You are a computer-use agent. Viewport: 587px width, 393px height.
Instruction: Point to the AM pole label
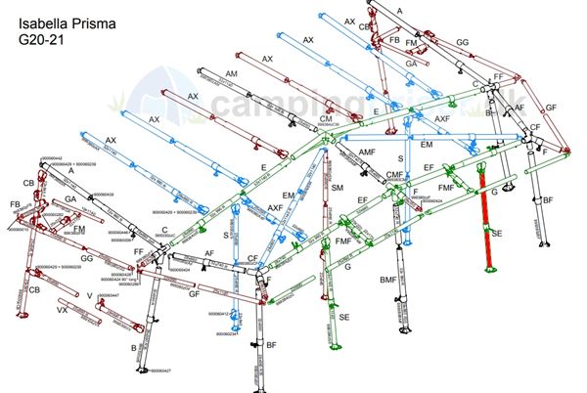[x=232, y=74]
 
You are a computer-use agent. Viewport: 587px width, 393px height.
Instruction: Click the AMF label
[x=367, y=153]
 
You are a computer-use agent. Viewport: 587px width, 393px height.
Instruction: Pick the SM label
[x=338, y=186]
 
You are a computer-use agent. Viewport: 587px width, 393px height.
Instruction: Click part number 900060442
[x=51, y=157]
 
